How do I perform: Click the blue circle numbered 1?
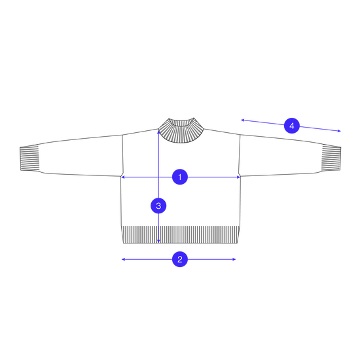click(180, 177)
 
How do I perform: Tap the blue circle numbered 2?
click(180, 259)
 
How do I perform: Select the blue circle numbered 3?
click(158, 206)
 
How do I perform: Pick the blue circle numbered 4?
click(292, 126)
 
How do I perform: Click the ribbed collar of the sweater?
click(181, 135)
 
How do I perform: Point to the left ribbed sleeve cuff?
click(29, 159)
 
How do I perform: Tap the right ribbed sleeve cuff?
click(331, 158)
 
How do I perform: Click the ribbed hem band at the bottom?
click(180, 234)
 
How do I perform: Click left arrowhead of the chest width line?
click(122, 177)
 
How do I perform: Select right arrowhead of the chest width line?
click(238, 177)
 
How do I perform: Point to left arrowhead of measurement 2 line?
click(123, 259)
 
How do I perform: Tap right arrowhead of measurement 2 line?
click(234, 259)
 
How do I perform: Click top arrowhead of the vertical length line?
click(158, 132)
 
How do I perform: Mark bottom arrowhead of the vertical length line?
click(158, 241)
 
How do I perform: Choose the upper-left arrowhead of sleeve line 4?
click(242, 120)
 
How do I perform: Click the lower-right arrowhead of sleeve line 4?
click(339, 131)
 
